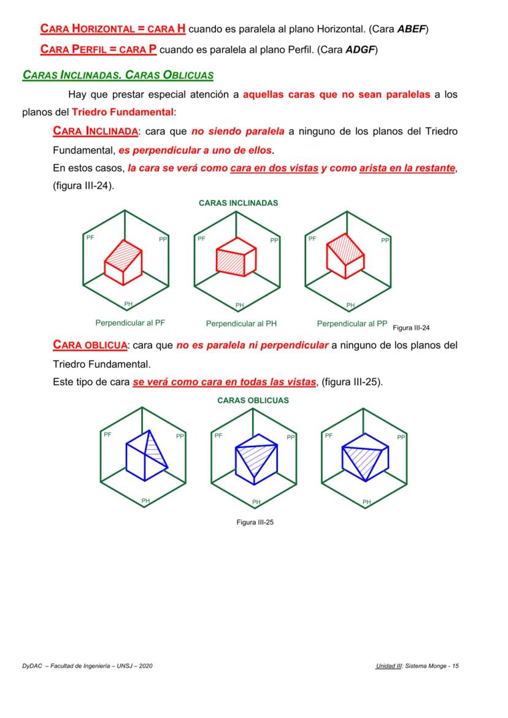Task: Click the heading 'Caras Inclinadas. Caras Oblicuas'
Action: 118,75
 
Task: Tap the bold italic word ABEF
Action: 412,29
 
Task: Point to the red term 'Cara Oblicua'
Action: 90,345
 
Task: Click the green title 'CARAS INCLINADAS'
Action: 239,203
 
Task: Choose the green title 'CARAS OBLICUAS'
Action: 253,400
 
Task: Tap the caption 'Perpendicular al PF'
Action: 130,323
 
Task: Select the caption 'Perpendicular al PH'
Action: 241,324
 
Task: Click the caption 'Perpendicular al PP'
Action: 352,323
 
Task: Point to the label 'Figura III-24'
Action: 411,327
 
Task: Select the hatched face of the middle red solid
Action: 230,261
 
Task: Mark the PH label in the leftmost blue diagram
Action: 145,501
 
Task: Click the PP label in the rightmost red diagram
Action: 385,240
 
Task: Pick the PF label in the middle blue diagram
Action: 218,435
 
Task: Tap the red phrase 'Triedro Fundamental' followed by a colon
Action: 123,112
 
